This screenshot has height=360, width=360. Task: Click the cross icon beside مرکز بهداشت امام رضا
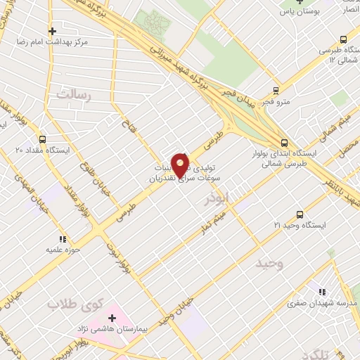coord(52,31)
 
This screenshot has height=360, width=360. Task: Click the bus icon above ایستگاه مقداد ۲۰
coord(42,139)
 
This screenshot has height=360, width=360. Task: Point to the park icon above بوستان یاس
coord(299,1)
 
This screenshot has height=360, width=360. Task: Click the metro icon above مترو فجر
coord(275,90)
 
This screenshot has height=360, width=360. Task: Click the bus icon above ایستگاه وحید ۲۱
coord(300,214)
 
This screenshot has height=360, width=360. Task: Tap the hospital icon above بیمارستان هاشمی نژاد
coord(112,319)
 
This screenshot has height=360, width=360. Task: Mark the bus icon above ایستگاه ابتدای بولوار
coord(283,141)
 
